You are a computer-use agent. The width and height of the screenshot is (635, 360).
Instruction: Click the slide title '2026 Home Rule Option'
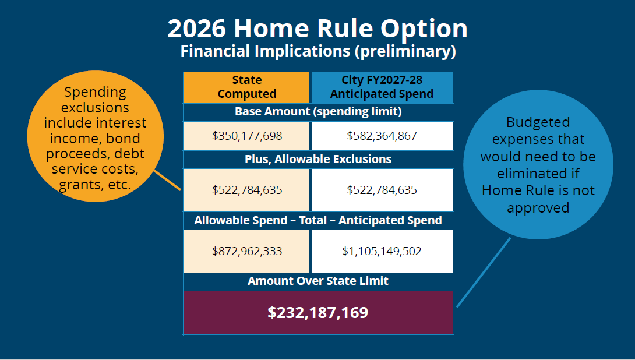(x=317, y=29)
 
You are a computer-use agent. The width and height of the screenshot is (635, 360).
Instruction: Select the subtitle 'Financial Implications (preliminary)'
(x=317, y=51)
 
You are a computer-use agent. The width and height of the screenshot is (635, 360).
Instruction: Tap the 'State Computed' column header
(x=247, y=87)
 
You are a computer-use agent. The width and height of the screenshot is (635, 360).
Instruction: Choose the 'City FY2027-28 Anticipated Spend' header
(x=382, y=87)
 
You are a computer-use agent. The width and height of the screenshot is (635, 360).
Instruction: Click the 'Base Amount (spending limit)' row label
(x=318, y=111)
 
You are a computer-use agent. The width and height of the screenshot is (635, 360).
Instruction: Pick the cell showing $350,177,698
(x=247, y=136)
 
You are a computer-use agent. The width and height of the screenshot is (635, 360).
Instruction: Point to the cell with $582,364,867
(x=382, y=136)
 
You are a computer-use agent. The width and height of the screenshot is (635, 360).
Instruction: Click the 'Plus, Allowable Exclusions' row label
(x=318, y=159)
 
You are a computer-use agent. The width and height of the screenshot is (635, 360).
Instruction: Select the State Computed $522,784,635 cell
(x=247, y=190)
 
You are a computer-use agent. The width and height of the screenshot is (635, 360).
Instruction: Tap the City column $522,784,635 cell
(x=382, y=190)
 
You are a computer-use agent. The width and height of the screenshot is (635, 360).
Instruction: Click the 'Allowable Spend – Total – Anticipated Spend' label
(x=318, y=220)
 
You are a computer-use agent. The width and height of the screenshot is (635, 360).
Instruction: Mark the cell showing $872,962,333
(x=247, y=251)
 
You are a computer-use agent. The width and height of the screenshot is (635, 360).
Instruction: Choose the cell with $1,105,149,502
(x=382, y=251)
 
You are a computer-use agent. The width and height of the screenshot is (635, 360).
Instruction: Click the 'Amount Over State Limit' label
(x=318, y=281)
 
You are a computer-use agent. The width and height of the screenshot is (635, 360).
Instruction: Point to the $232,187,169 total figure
(x=318, y=312)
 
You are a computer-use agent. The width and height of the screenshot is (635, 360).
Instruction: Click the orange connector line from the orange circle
(x=168, y=180)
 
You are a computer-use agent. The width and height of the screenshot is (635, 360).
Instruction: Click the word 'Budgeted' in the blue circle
(x=538, y=123)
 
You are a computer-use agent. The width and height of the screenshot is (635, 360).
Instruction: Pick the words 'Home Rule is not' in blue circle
(x=538, y=191)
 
